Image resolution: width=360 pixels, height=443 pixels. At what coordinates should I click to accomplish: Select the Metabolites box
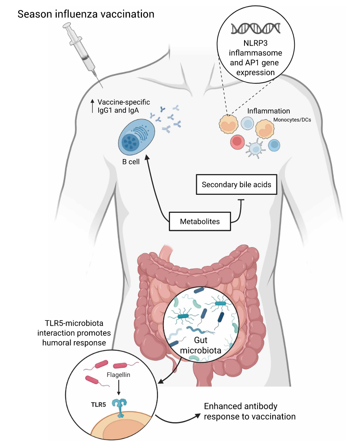click(x=200, y=222)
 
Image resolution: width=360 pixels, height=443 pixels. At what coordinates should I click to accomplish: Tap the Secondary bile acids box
click(x=236, y=185)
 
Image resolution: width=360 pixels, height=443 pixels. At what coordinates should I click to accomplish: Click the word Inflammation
click(x=268, y=111)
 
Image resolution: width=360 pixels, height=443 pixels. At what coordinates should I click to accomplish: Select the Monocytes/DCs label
click(x=292, y=119)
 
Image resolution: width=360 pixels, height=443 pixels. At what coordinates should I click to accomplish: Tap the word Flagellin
click(x=119, y=375)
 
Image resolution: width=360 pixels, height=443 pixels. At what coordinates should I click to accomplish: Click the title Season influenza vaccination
click(x=86, y=15)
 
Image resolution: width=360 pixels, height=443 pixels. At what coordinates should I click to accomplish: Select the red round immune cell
click(x=238, y=142)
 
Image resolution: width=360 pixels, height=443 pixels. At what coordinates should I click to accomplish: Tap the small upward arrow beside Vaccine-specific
click(x=92, y=106)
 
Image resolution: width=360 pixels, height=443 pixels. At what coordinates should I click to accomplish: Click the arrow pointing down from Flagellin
click(x=119, y=388)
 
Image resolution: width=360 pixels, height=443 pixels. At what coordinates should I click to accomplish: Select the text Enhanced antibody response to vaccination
click(x=249, y=411)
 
